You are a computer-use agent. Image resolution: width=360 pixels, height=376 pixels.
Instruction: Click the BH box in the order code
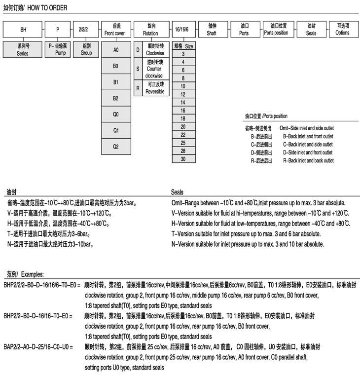23,30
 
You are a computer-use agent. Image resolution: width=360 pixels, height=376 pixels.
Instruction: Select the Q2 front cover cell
116,147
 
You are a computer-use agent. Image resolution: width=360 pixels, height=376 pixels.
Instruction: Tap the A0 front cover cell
116,50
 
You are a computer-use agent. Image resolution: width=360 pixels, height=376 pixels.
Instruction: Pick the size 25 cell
183,143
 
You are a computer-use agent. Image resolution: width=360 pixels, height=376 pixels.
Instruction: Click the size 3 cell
183,53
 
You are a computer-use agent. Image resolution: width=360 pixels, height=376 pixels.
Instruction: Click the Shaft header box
211,30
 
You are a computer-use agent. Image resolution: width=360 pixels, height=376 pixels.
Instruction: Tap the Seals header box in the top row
311,30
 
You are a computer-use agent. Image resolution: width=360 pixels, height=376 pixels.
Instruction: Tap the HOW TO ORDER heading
35,7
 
